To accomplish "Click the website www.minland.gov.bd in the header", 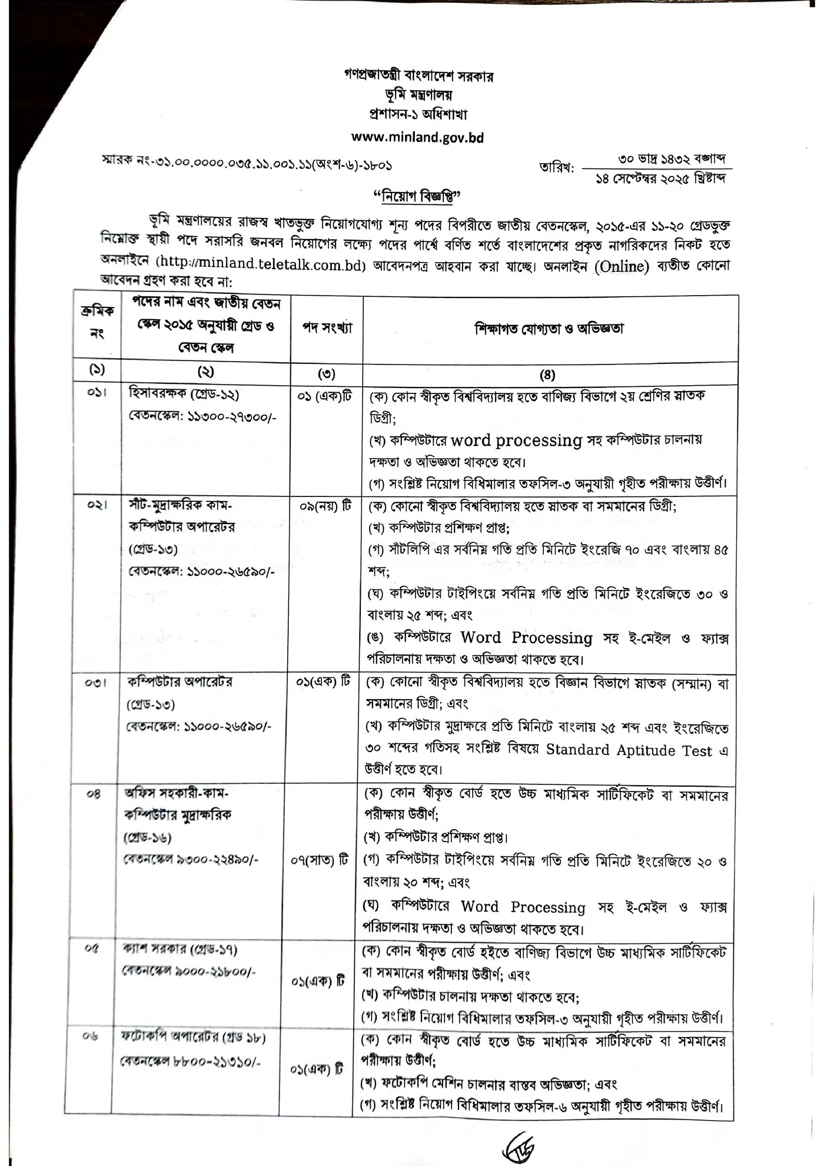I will (417, 137).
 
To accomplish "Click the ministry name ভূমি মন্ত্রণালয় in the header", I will (417, 94).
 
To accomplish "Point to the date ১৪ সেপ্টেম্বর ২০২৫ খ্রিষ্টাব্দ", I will (660, 178).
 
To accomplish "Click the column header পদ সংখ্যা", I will (327, 328).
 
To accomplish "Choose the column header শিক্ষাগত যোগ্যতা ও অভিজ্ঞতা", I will (549, 328).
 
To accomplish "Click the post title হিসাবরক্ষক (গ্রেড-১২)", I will (184, 395).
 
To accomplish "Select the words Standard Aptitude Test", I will (629, 750).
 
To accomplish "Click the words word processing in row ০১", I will (517, 440).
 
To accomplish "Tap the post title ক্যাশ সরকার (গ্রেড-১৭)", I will (180, 949).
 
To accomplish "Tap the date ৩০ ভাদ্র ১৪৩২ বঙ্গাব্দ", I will (672, 159).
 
